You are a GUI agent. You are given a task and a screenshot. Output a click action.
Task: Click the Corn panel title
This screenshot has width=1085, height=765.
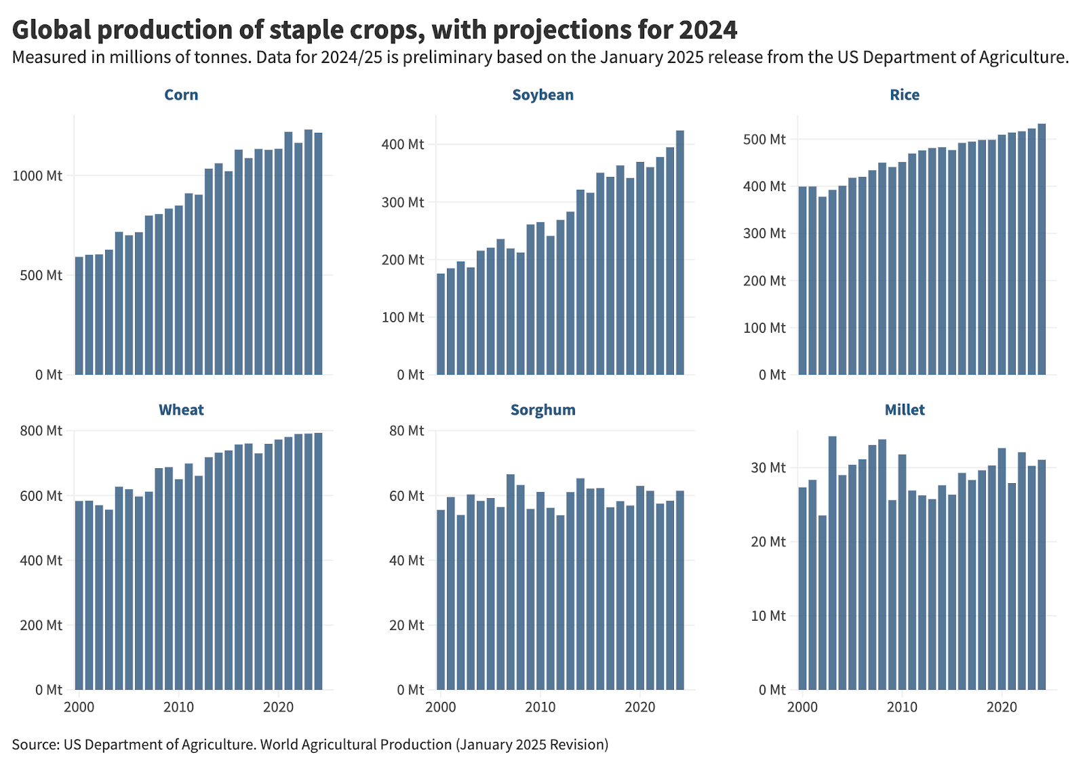click(181, 95)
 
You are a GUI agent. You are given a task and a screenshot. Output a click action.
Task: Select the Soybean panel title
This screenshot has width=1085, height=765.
click(542, 95)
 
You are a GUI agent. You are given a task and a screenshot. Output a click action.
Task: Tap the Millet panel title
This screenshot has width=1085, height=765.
click(905, 410)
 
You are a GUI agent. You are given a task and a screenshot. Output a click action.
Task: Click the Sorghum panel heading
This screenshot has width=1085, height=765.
click(542, 410)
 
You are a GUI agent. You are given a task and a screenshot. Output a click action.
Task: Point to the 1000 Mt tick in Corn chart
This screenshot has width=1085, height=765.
click(37, 176)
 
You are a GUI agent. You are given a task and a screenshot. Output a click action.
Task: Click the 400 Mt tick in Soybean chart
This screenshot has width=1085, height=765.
click(402, 144)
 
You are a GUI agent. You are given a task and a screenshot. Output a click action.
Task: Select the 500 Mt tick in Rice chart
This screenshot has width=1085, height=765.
click(764, 140)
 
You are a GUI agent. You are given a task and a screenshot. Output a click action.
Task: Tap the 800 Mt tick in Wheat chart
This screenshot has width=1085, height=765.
click(41, 431)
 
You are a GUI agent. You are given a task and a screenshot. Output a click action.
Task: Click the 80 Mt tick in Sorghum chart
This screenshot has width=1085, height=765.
click(406, 431)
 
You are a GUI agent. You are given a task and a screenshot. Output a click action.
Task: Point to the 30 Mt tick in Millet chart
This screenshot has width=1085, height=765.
click(768, 468)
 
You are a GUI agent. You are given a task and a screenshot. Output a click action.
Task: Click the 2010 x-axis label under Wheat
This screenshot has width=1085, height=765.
click(178, 707)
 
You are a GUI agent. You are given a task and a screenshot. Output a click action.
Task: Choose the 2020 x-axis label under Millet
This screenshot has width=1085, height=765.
click(1002, 707)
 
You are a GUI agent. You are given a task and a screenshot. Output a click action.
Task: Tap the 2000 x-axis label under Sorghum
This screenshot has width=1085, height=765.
click(441, 707)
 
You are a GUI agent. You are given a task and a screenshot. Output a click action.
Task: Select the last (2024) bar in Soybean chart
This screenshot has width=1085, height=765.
click(680, 257)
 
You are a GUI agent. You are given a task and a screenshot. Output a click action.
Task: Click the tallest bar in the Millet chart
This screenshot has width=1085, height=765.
click(832, 562)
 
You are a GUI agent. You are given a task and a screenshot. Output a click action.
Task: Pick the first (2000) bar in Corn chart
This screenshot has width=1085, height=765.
click(79, 318)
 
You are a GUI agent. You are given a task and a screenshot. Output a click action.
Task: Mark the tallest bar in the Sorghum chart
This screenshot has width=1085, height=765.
click(511, 583)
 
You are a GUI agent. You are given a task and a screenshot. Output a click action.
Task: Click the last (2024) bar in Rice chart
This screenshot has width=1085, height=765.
click(1042, 251)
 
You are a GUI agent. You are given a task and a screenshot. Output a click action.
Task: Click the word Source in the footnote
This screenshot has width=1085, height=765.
click(35, 745)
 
